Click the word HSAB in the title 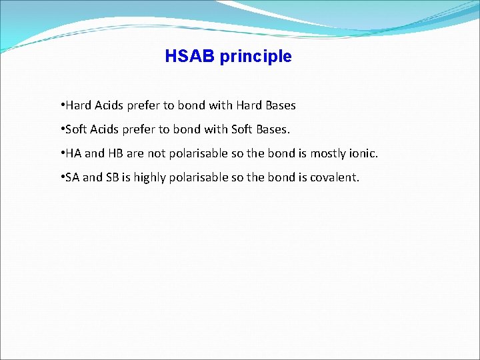pos(190,57)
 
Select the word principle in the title pos(255,57)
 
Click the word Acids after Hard pos(111,105)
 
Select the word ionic pos(363,153)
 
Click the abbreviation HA pos(73,153)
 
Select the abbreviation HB pos(115,153)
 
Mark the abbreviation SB pos(111,177)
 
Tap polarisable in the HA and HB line pos(199,154)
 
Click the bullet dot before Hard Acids pos(61,105)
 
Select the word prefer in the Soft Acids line pos(142,130)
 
